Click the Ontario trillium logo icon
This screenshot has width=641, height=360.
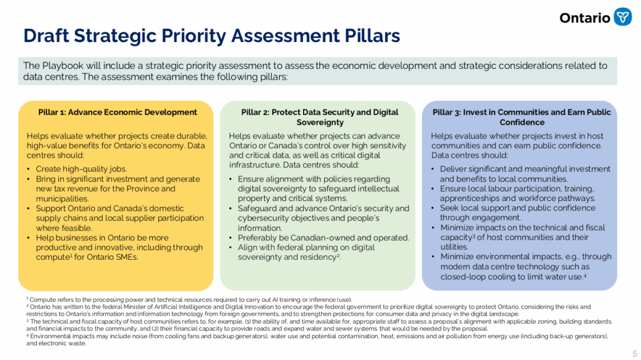click(623, 17)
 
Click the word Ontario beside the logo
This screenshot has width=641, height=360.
click(585, 18)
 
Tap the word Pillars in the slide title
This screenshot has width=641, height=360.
click(372, 36)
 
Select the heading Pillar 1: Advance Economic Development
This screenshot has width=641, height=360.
click(118, 112)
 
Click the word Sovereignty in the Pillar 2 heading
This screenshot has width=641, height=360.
click(320, 122)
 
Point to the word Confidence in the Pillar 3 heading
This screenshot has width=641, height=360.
click(522, 122)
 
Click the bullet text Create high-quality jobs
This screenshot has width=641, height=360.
click(81, 169)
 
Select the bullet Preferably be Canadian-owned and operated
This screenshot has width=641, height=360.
click(324, 238)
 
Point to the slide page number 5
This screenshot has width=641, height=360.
click(635, 354)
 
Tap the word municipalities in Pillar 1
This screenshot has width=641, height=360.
click(62, 199)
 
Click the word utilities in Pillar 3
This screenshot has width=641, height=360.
click(454, 247)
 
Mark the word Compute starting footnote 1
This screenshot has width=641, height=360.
click(41, 300)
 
